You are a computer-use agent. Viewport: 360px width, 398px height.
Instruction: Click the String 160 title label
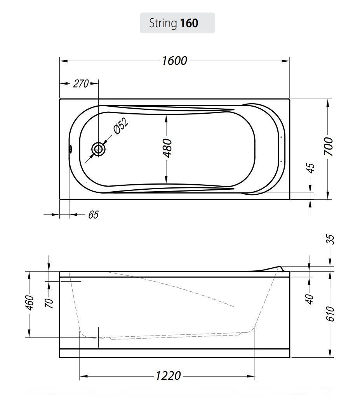coord(174,23)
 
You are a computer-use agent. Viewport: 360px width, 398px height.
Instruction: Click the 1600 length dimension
coord(174,61)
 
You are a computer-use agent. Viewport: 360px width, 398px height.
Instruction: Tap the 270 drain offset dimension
coord(81,83)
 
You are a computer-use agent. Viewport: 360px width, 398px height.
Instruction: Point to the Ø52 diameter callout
coord(121,126)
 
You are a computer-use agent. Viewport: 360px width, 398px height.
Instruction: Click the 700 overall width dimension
coord(328,147)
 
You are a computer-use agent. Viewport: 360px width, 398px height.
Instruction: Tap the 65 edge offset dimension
coord(93,215)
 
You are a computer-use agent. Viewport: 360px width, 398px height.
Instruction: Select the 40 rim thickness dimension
coord(310,299)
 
